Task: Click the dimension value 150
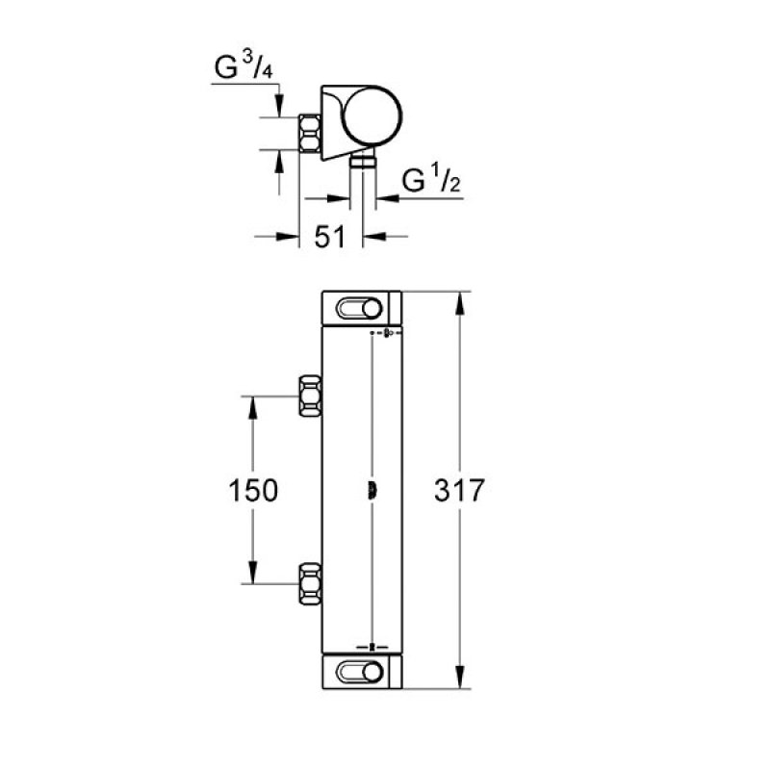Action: pyautogui.click(x=254, y=490)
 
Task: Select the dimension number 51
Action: pyautogui.click(x=330, y=237)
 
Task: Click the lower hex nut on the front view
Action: pyautogui.click(x=310, y=584)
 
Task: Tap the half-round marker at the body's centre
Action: pyautogui.click(x=372, y=490)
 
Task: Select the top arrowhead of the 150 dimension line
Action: pyautogui.click(x=254, y=405)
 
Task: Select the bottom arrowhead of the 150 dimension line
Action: pyautogui.click(x=254, y=575)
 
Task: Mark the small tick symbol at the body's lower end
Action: pyautogui.click(x=373, y=647)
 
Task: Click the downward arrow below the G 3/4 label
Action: pyautogui.click(x=279, y=104)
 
